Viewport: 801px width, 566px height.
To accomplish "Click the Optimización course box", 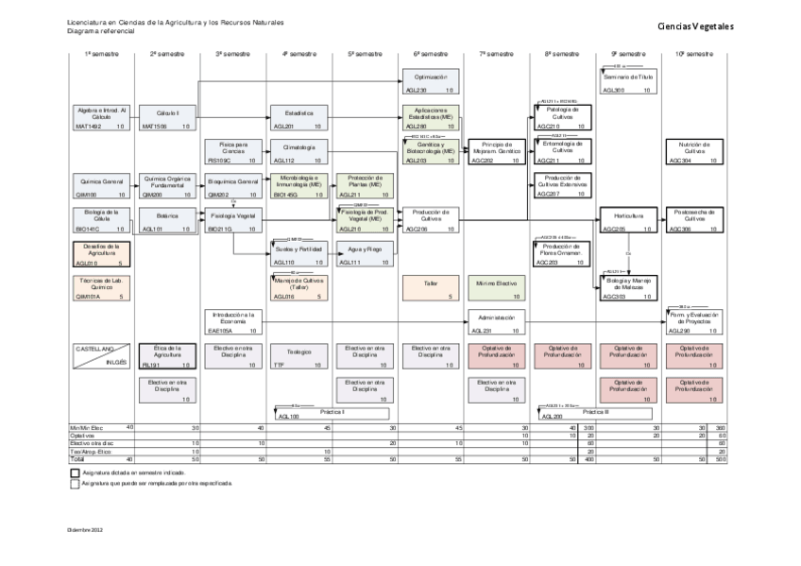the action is tap(430, 80).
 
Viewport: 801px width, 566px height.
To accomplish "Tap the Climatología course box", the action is tap(298, 151).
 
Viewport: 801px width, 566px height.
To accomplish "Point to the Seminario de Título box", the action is tap(627, 80).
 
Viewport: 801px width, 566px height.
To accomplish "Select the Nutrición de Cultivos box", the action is tap(693, 151).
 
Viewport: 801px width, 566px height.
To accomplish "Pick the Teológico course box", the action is tap(298, 354).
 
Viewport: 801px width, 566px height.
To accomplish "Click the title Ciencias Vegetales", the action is tap(695, 27).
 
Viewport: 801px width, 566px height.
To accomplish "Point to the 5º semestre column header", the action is tap(364, 55).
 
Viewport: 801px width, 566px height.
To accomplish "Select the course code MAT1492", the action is tap(88, 126).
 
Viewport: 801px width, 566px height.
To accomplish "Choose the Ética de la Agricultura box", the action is tap(167, 354).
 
